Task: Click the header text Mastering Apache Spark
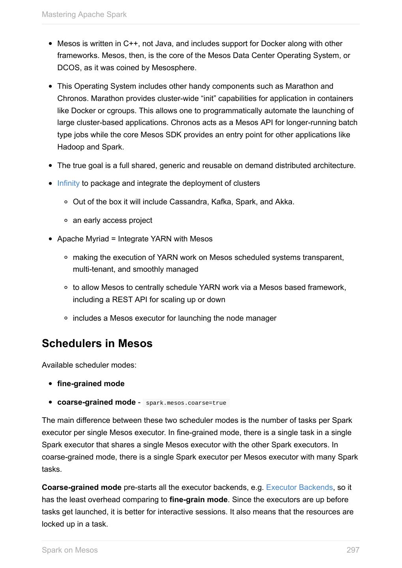pos(84,15)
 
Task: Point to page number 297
pos(353,550)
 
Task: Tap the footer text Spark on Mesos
pos(70,550)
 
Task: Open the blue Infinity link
pos(68,183)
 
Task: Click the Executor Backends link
pos(299,488)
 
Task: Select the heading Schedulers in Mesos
pos(97,344)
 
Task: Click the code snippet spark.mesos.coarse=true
pos(186,403)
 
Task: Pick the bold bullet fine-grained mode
pos(91,384)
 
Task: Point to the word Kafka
pos(221,202)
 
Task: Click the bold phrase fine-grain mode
pos(198,500)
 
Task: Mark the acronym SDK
pos(173,135)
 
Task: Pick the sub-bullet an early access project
pos(112,220)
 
